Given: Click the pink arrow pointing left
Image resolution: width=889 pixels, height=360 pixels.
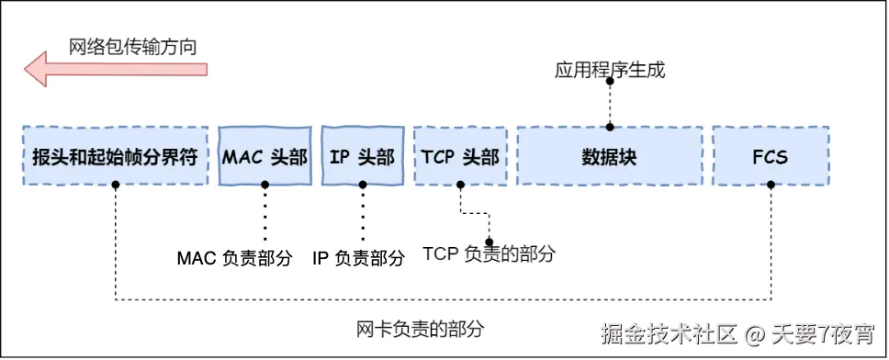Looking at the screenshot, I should tap(115, 69).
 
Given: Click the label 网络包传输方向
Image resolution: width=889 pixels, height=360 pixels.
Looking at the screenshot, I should tap(132, 45).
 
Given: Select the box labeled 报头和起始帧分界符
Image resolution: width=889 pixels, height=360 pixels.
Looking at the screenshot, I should tap(115, 156).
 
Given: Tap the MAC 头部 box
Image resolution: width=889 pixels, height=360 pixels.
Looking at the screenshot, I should tap(264, 156).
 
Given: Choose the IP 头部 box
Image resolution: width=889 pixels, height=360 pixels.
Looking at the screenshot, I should tap(362, 156).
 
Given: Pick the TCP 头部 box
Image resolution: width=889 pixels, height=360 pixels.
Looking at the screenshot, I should tap(460, 156).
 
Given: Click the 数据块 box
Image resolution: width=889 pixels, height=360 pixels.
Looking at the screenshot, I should tap(609, 156).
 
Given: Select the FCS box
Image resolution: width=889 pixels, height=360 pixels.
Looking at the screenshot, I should tap(770, 156).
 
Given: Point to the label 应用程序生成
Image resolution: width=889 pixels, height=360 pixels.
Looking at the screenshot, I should tap(609, 70).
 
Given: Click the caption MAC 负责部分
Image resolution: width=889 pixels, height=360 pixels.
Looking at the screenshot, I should tap(234, 258).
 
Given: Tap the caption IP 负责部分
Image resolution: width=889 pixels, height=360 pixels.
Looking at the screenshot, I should tap(358, 258).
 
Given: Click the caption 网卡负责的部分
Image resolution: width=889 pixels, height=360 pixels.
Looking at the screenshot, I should tap(420, 328).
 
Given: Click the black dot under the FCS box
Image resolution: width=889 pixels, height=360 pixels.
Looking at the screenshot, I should tap(771, 185).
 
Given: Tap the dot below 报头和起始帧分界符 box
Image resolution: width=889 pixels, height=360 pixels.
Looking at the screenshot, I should tap(116, 185).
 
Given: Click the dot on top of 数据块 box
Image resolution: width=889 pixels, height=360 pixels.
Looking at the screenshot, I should tap(609, 128).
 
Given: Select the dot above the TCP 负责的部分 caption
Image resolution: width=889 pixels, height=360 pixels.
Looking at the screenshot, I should tap(489, 242).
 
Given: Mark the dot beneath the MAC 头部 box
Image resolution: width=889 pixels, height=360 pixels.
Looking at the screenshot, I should tap(264, 185).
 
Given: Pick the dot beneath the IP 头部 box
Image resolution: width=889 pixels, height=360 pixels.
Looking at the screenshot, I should tap(362, 185).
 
